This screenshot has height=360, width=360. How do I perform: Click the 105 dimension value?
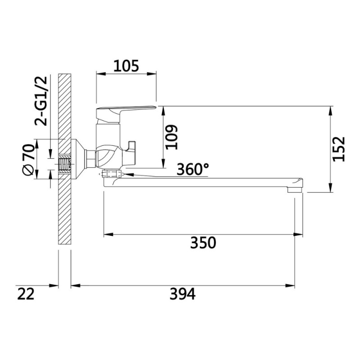pos(126,66)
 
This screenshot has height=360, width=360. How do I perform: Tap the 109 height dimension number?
pos(172,137)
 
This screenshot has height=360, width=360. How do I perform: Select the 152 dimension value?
pos(339,149)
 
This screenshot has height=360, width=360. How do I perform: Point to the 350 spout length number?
pos(203,243)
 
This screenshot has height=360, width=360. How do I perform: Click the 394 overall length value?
pos(183,294)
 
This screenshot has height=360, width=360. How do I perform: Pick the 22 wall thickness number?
pos(26,294)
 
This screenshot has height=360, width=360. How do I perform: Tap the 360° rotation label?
pos(193,169)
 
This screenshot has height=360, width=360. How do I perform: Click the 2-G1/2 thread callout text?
pos(41,101)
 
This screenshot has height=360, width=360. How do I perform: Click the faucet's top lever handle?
pos(126,111)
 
